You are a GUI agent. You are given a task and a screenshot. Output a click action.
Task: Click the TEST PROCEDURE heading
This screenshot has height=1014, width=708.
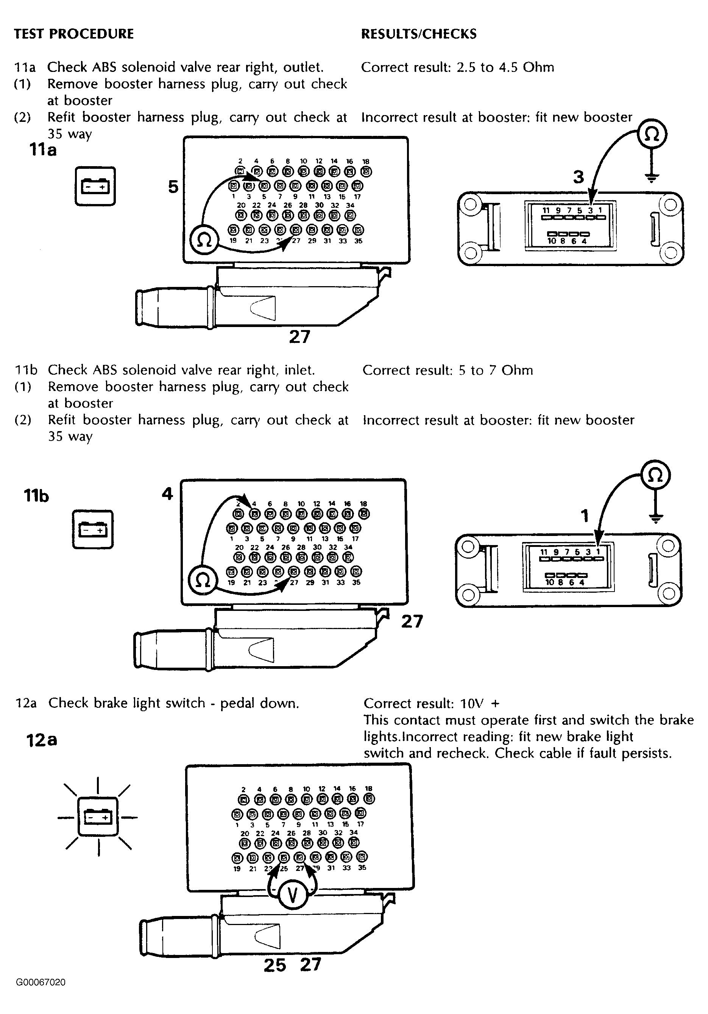pos(74,34)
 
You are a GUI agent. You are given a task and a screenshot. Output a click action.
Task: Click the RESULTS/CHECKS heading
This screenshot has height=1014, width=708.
pos(419,34)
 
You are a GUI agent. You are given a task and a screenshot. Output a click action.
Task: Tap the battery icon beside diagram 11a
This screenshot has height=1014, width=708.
pos(95,186)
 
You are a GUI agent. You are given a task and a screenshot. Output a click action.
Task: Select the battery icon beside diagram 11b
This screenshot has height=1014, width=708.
pos(93,530)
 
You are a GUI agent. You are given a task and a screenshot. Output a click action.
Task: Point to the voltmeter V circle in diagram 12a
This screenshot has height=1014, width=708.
pos(292,895)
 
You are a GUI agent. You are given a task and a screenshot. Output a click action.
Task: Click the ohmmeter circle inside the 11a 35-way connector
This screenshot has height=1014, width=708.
pos(204,240)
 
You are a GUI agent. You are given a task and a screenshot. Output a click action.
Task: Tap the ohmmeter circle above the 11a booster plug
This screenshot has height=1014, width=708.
pos(652,134)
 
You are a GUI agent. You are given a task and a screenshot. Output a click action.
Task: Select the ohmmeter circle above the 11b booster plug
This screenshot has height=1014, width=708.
pos(656,476)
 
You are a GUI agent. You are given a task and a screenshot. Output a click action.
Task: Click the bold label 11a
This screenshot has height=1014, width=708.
pos(43,150)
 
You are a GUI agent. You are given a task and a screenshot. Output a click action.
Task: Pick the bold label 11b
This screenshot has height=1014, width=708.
pos(36,496)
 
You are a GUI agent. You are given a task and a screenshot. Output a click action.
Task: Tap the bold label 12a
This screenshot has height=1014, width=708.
pos(42,740)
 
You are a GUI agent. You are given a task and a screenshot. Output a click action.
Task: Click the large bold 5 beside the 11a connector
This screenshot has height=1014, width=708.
pos(173,187)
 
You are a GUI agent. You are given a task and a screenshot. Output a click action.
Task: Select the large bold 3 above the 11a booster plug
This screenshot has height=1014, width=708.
pos(579,177)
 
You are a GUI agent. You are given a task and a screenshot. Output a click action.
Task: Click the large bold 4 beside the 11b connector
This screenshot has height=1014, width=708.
pos(167,493)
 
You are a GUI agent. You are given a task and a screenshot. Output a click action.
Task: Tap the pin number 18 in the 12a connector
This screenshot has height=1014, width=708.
pos(369,788)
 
